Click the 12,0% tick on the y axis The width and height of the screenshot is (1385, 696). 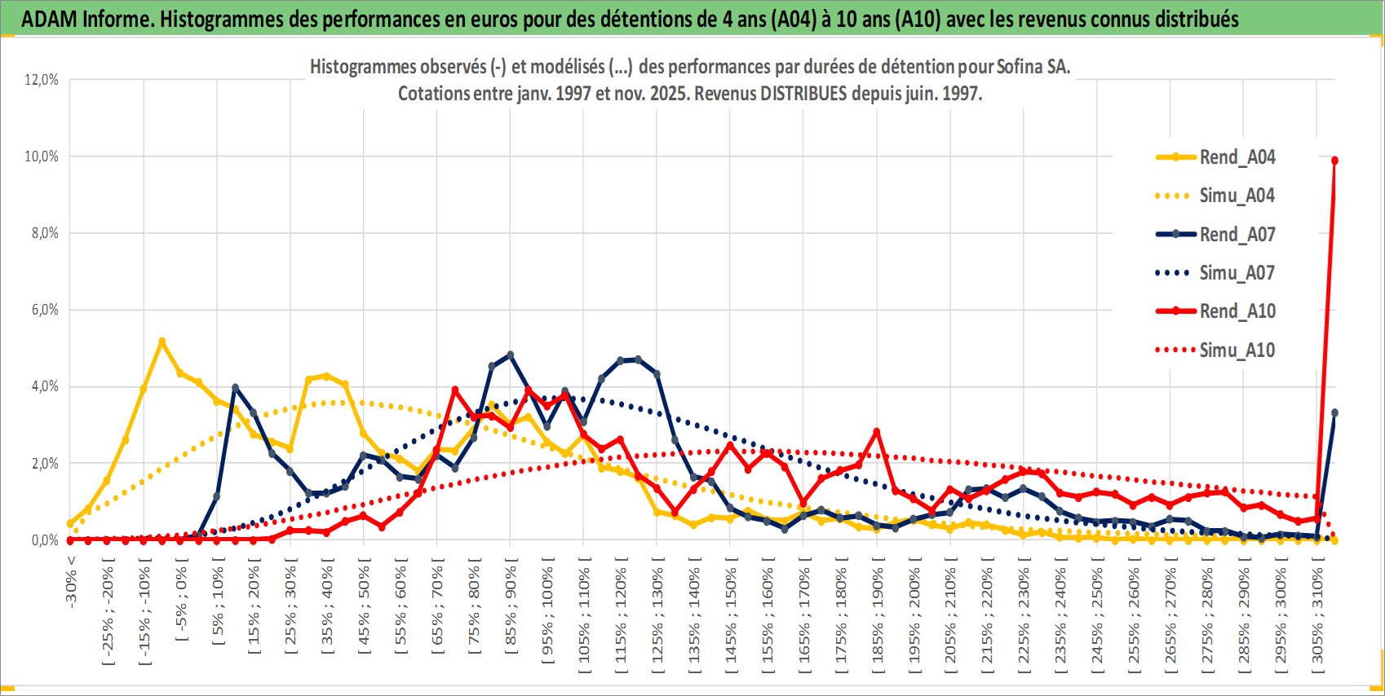42,80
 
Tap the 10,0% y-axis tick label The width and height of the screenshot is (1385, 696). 42,156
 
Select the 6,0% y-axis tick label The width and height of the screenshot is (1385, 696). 42,310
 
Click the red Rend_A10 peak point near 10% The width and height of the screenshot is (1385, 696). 1334,161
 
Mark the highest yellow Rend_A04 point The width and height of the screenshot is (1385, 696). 162,341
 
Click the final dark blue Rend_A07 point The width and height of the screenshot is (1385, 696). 1334,413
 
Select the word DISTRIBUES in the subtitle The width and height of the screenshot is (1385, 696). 803,94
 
